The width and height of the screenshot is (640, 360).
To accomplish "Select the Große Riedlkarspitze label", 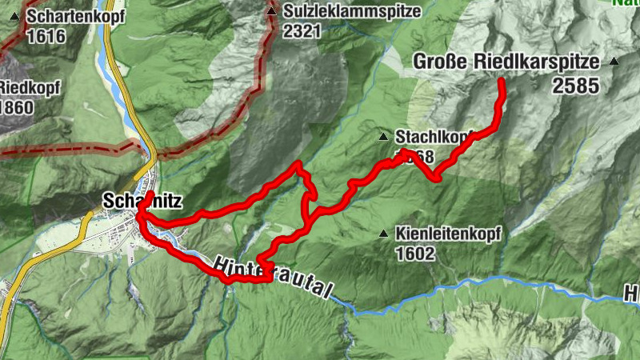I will click(x=507, y=61).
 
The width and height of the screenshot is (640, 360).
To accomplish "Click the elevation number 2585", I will click(x=575, y=85).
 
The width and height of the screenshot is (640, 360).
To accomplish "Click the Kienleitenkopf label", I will click(x=447, y=234).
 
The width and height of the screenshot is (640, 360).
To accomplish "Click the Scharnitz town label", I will click(x=133, y=201).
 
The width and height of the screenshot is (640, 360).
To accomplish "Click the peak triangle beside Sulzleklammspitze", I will click(x=272, y=12).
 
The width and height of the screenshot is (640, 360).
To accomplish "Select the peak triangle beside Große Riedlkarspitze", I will click(x=614, y=61).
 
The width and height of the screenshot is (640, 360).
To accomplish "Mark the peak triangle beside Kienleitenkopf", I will click(x=384, y=234).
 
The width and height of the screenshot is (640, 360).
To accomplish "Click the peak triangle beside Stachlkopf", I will click(x=384, y=136).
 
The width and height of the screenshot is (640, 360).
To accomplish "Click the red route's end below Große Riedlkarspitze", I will click(x=502, y=82).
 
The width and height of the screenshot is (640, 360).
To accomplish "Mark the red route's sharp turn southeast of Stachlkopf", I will click(x=437, y=179).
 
